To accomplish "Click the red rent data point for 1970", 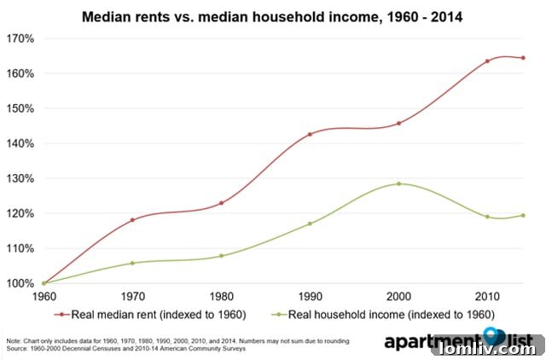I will coord(132,220).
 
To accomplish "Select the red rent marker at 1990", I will coord(310,134).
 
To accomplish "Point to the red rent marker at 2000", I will coord(398,123).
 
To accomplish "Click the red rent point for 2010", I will coord(487,61).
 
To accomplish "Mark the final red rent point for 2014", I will coord(523,58).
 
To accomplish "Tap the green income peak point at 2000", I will coord(398,183).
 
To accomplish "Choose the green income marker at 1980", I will coord(221,256).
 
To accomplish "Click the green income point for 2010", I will coord(487,217).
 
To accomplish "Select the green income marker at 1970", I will coord(132,263).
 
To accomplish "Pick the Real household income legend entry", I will coord(388,314).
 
